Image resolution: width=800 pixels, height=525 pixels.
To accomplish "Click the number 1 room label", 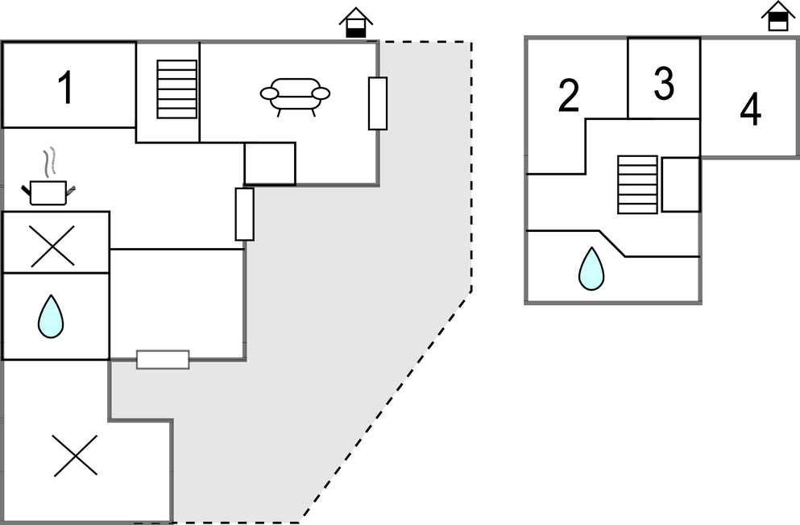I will (x=66, y=89).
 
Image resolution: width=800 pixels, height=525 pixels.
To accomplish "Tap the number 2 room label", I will (x=569, y=97).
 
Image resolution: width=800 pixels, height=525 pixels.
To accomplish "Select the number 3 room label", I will (x=664, y=84).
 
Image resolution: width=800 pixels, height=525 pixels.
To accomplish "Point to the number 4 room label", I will (x=750, y=111).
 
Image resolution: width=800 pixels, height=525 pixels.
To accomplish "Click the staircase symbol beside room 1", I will (x=176, y=89).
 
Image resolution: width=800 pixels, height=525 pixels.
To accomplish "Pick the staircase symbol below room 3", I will (x=637, y=184).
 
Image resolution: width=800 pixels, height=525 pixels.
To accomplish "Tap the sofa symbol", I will (x=295, y=95).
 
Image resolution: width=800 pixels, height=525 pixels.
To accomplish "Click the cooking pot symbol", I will (x=48, y=191).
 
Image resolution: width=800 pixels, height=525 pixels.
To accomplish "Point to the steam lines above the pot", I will (x=50, y=161).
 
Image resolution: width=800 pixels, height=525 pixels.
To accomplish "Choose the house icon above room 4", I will (x=777, y=16).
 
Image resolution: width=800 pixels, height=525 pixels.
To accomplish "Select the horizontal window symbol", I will (x=163, y=359).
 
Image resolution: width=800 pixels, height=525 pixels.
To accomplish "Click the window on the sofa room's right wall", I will (x=378, y=103).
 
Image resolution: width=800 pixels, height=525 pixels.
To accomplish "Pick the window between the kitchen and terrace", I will (x=244, y=213).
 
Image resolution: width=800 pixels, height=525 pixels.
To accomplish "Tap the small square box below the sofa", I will (x=270, y=163).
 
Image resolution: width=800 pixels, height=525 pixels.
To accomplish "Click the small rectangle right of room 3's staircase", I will (x=680, y=184).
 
